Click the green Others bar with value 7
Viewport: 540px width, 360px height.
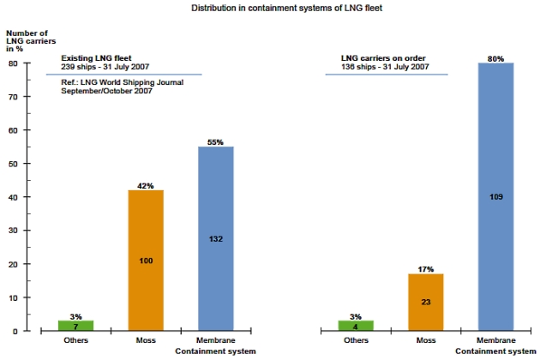75,326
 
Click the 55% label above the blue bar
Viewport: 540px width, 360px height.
215,141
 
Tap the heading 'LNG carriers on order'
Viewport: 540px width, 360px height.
382,58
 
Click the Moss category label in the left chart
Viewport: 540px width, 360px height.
145,340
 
